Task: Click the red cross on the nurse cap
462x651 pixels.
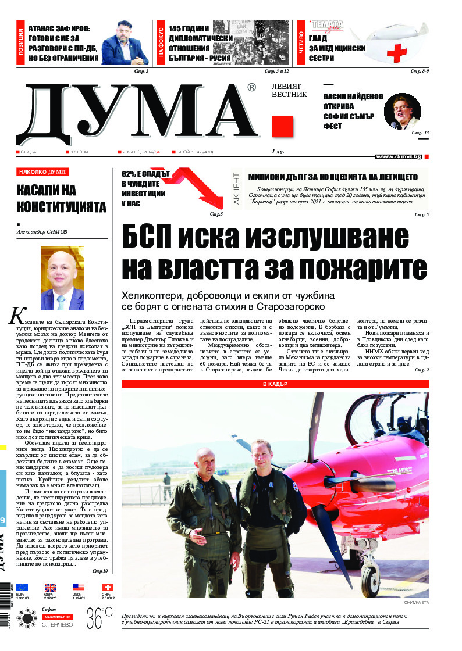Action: coord(397,54)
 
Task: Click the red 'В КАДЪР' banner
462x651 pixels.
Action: coord(275,368)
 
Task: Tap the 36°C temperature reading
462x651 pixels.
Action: coord(99,618)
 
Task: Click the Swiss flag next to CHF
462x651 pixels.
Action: coord(108,587)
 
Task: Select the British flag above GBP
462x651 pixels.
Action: coord(51,587)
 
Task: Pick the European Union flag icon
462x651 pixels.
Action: coord(22,587)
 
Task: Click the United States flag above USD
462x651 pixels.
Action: coord(79,587)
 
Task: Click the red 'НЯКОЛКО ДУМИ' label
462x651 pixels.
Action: coord(42,171)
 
